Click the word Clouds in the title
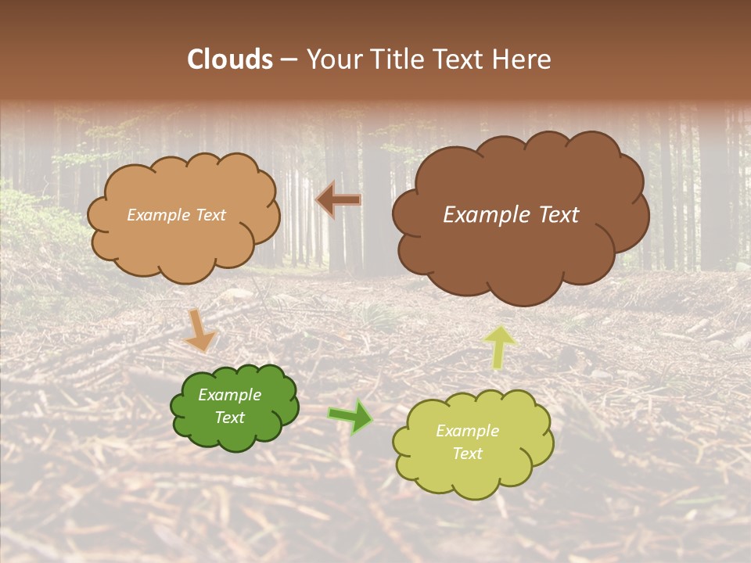point(230,59)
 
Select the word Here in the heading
point(523,59)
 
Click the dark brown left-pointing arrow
point(339,200)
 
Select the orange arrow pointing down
point(200,329)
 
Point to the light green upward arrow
point(501,346)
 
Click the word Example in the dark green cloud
point(229,395)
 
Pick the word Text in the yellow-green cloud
point(467,454)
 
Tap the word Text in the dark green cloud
point(229,418)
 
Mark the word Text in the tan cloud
point(209,215)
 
